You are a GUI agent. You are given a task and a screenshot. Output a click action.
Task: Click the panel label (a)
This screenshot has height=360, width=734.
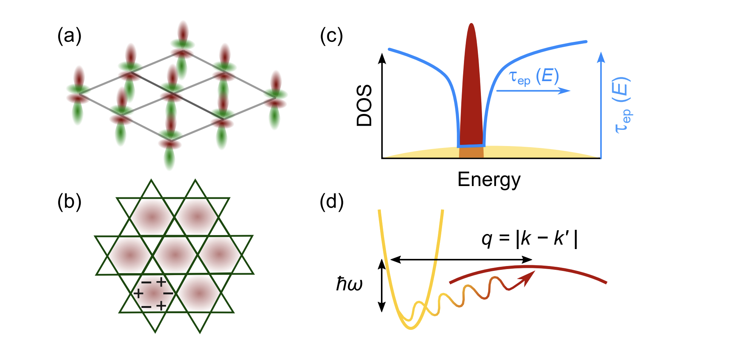(69, 37)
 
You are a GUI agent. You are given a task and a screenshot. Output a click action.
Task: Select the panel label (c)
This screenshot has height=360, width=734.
(331, 37)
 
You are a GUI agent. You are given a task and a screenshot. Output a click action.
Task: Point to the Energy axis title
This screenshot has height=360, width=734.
(489, 180)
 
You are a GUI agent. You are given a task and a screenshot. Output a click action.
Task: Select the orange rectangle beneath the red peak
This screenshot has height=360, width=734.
(471, 152)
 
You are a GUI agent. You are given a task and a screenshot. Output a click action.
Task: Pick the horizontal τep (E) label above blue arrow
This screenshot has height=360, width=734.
(533, 77)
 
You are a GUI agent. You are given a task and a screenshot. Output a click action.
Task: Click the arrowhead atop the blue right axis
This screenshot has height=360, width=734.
(601, 57)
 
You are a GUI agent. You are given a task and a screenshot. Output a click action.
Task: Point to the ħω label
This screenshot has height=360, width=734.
(349, 284)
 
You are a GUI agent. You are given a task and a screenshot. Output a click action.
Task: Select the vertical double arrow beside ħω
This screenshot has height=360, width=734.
(382, 286)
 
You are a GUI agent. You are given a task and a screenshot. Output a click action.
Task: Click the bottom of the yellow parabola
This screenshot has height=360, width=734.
(411, 328)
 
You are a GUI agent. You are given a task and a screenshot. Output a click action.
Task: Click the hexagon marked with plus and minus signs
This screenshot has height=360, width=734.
(153, 293)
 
